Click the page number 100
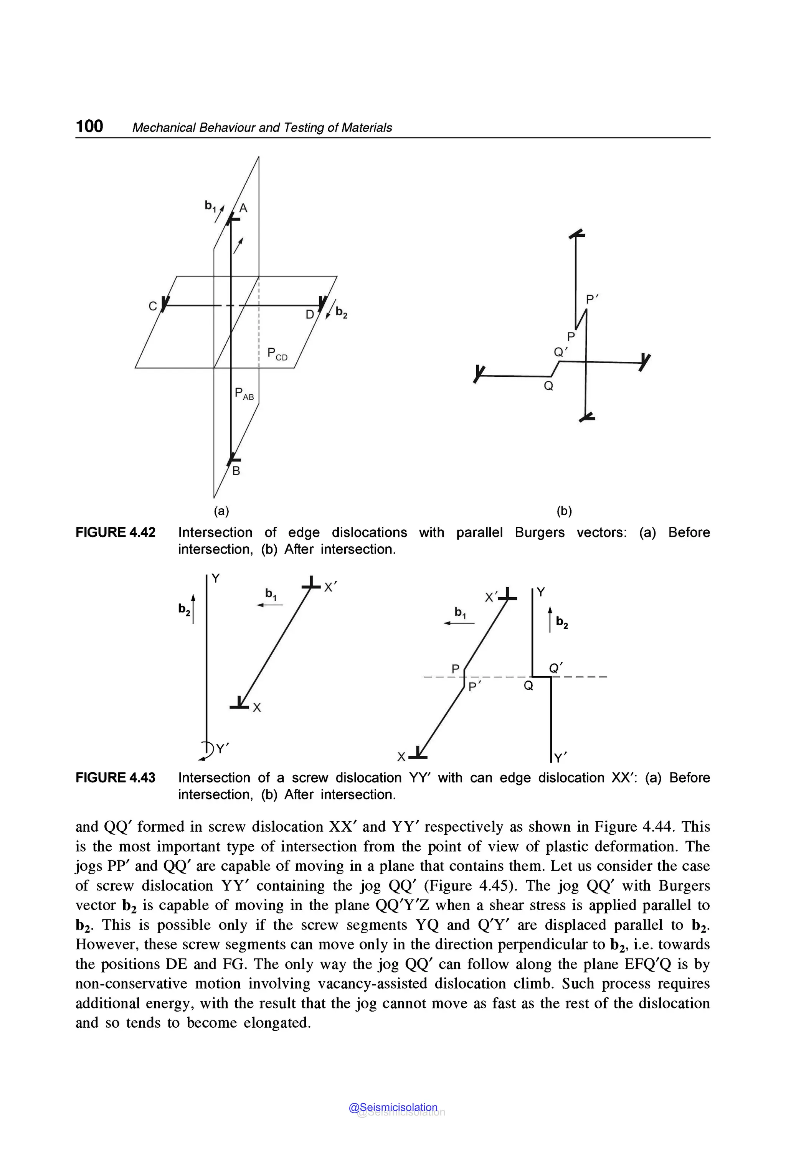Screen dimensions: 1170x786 (89, 126)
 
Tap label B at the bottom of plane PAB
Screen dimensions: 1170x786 (236, 471)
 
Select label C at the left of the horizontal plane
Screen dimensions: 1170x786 (152, 306)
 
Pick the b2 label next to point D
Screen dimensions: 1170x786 (341, 312)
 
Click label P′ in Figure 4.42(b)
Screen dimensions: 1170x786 (593, 300)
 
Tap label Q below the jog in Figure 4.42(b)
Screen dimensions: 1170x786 (548, 386)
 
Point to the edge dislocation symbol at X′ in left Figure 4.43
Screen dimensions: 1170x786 (311, 584)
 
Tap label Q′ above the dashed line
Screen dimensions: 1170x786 (556, 668)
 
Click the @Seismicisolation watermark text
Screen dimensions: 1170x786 (393, 1107)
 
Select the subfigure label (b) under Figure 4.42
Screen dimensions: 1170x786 (564, 511)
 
